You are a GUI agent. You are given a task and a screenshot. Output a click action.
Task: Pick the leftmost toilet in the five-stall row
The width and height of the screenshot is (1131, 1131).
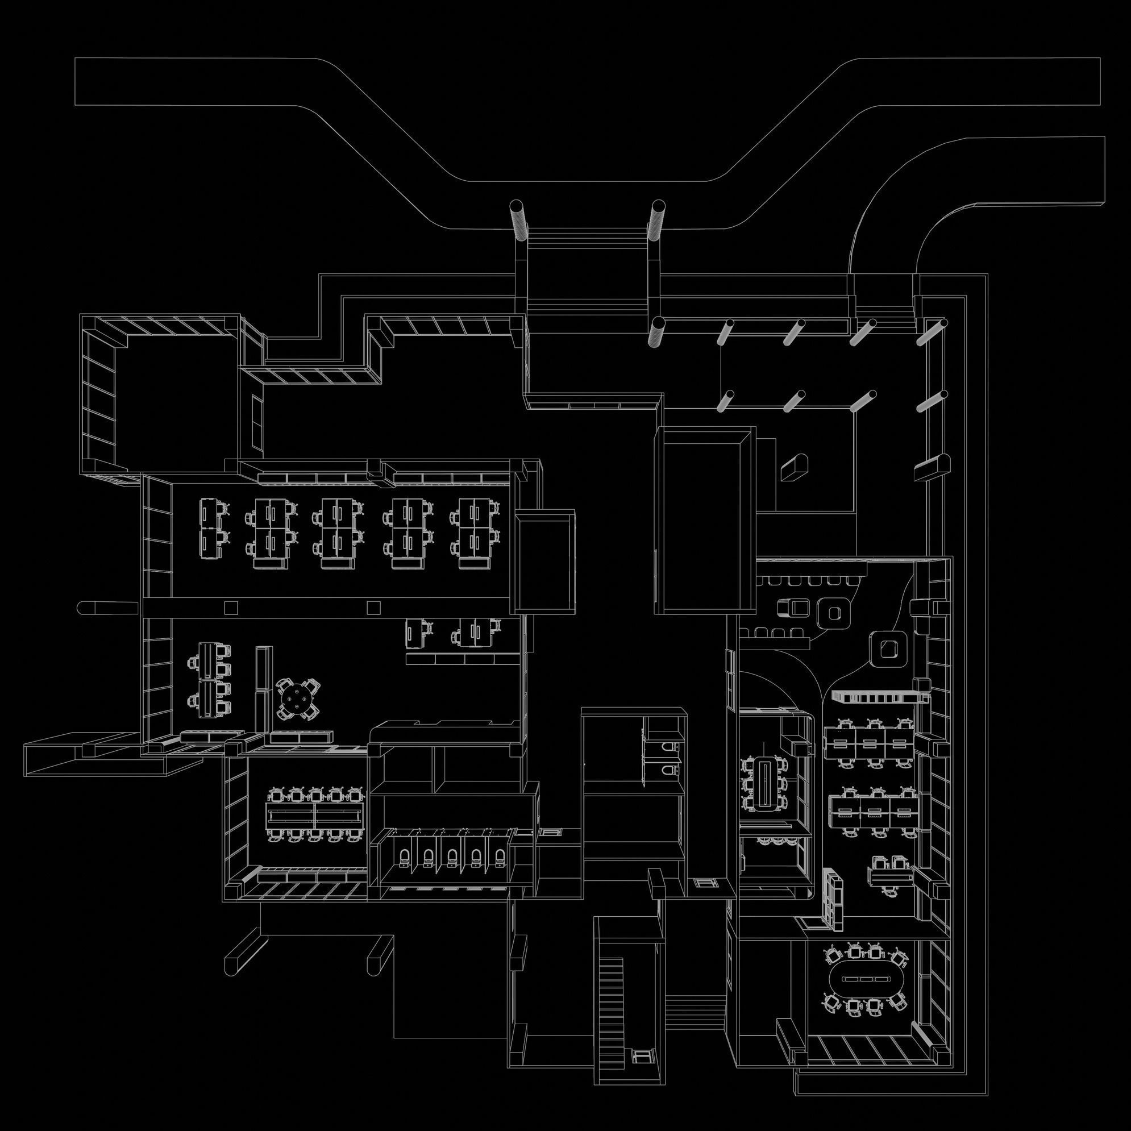pos(405,858)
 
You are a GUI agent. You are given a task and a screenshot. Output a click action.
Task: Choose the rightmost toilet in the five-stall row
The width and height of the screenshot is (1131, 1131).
pos(500,858)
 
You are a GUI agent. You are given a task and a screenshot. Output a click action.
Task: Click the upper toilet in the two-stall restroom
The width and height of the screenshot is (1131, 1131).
pos(670,747)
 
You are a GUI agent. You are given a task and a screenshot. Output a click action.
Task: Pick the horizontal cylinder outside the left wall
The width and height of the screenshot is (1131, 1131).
pos(109,606)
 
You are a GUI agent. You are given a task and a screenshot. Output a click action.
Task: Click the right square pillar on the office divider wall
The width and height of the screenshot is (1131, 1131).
pos(373,607)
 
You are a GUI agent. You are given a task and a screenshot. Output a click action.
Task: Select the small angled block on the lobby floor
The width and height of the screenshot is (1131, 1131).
pos(794,467)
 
